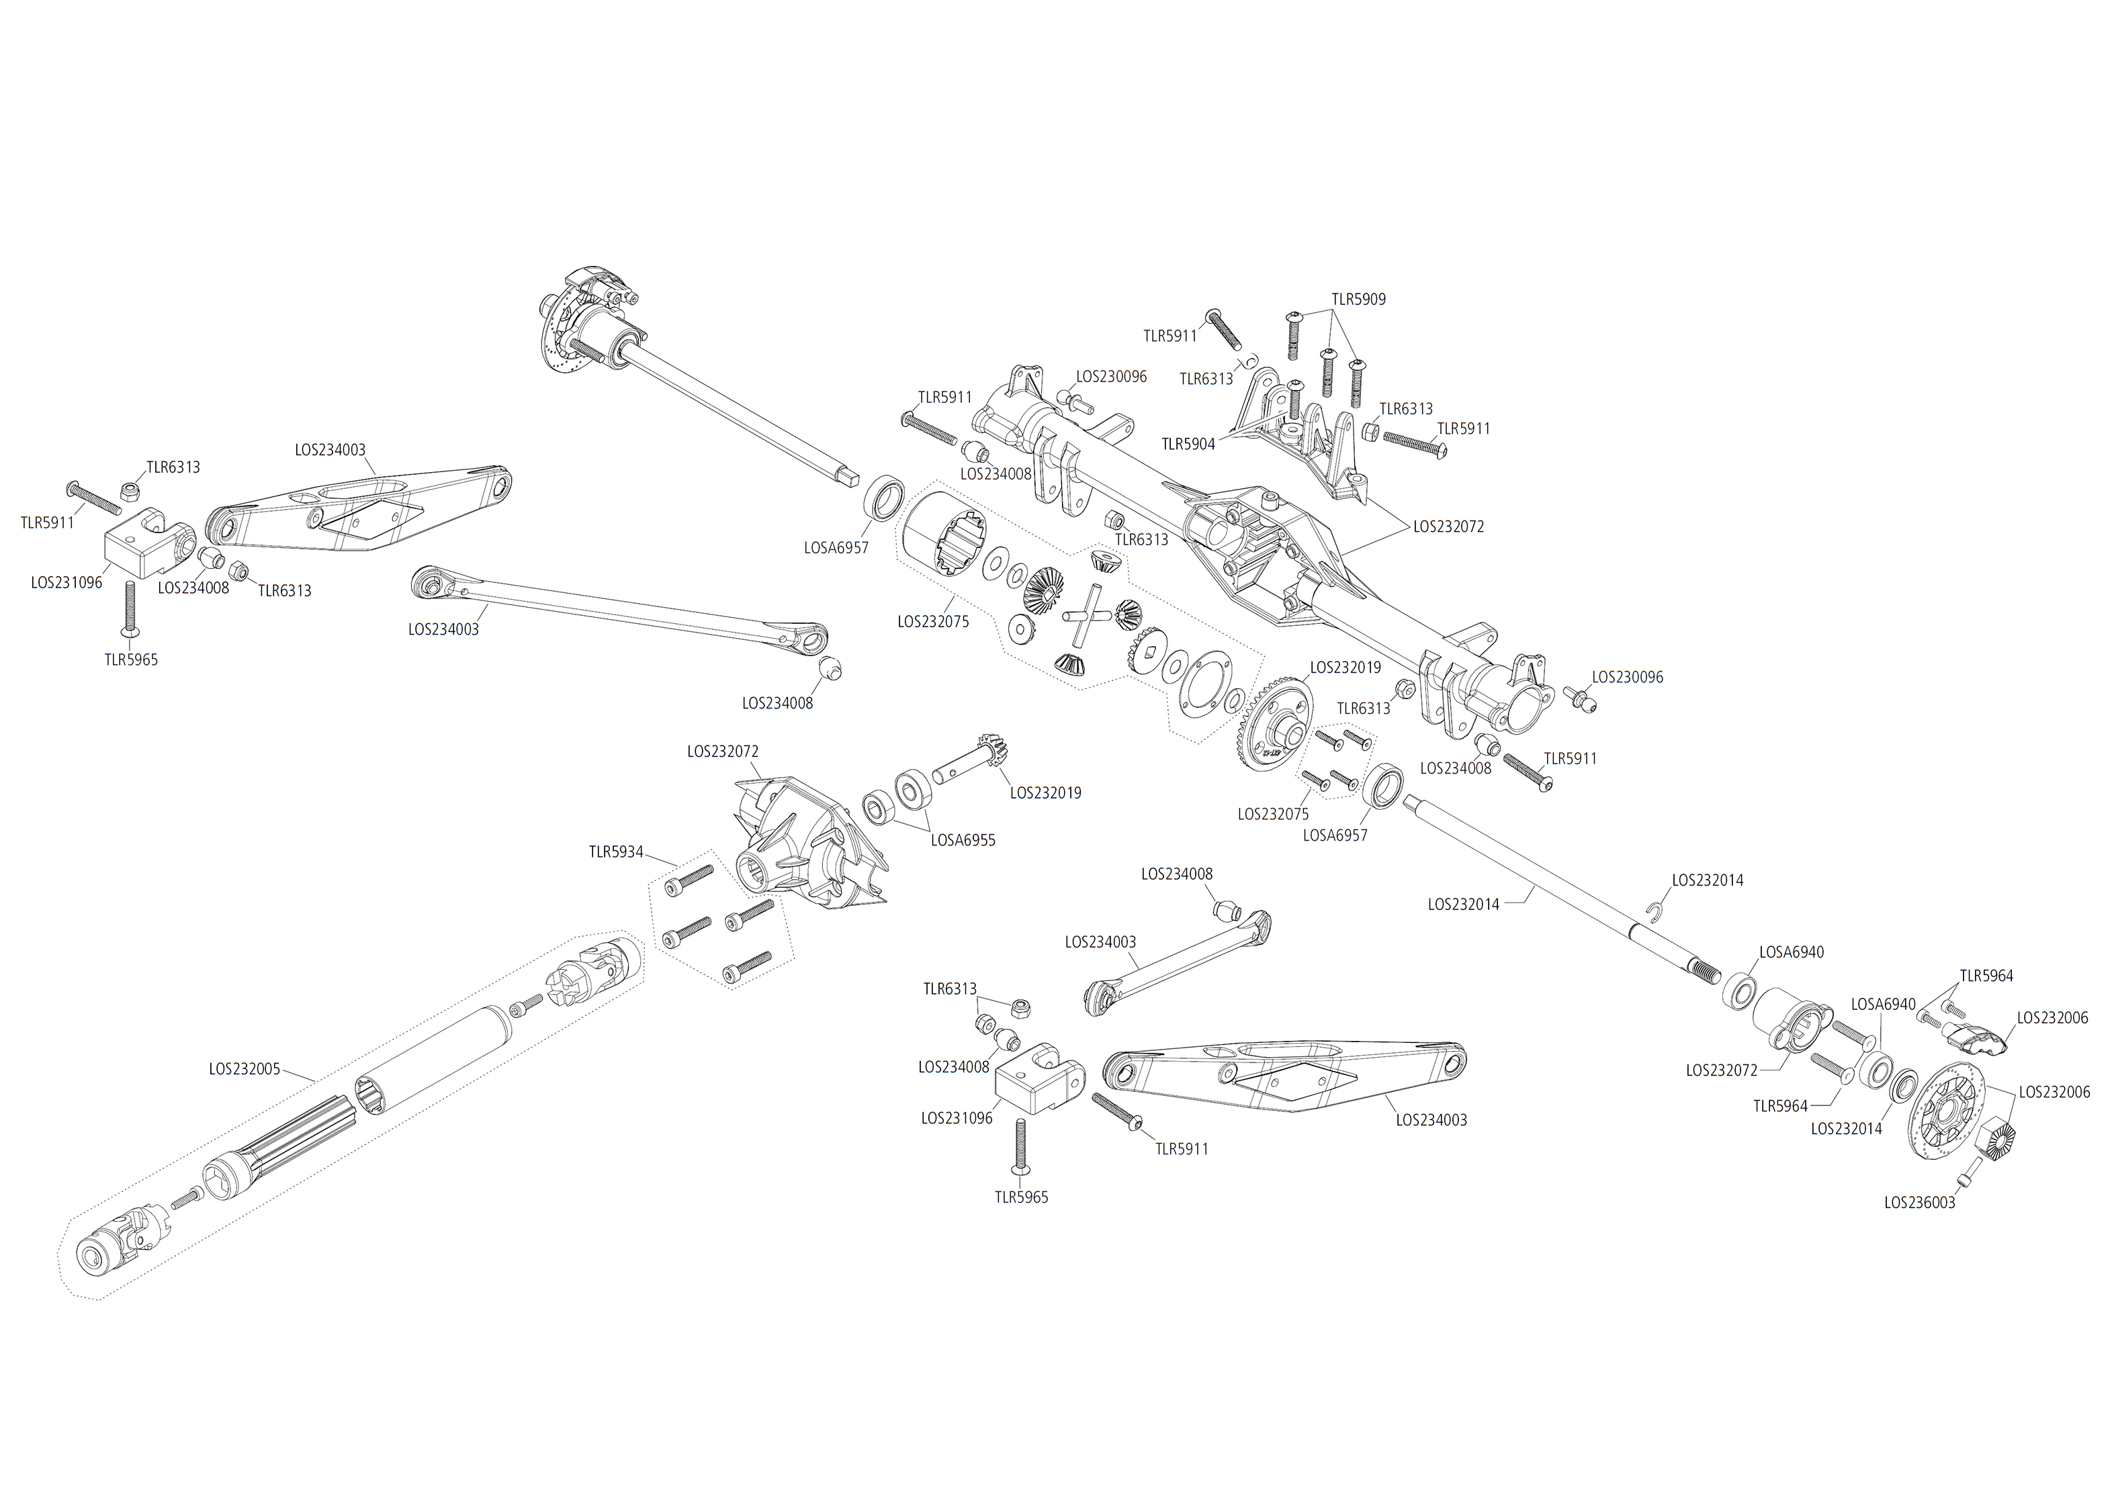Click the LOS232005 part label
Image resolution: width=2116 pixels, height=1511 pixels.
(x=244, y=1069)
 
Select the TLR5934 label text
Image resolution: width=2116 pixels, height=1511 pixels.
(x=615, y=852)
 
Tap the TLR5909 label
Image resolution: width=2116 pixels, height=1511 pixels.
(x=1358, y=300)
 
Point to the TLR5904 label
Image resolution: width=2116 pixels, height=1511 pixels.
(x=1188, y=445)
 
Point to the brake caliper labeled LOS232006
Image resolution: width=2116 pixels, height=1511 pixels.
(x=1974, y=1040)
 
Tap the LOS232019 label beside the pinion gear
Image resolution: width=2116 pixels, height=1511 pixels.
(x=1045, y=794)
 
